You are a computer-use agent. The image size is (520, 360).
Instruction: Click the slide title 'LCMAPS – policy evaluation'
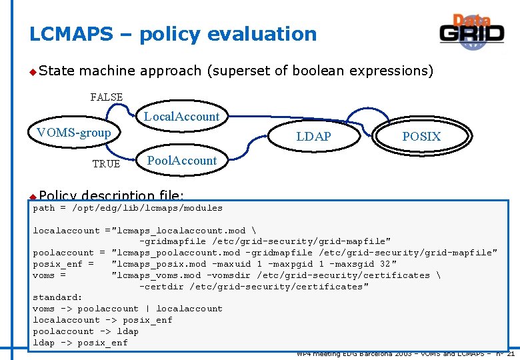coord(173,34)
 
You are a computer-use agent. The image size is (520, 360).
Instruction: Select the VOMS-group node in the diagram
coord(74,133)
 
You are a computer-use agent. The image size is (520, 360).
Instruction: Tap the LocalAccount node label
coord(181,117)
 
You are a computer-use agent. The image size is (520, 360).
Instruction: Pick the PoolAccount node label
coord(181,161)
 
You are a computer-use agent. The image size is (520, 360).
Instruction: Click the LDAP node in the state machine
coord(313,137)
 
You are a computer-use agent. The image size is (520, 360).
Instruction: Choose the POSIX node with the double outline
coord(421,137)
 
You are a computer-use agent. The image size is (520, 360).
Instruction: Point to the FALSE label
coord(107,97)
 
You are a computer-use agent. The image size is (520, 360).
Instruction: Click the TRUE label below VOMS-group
coord(106,164)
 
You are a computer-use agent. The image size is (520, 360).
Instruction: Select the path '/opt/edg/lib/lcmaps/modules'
coord(147,208)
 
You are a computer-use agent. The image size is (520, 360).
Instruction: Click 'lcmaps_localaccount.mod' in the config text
coord(180,231)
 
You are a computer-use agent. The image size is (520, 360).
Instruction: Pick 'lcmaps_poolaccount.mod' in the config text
coord(177,253)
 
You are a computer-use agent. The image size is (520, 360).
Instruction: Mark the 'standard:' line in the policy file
coord(57,297)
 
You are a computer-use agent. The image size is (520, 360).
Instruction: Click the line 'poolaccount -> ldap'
coord(85,331)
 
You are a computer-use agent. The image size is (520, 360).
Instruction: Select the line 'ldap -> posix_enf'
coord(80,343)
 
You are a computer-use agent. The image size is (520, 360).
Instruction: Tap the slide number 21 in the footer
coord(510,354)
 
